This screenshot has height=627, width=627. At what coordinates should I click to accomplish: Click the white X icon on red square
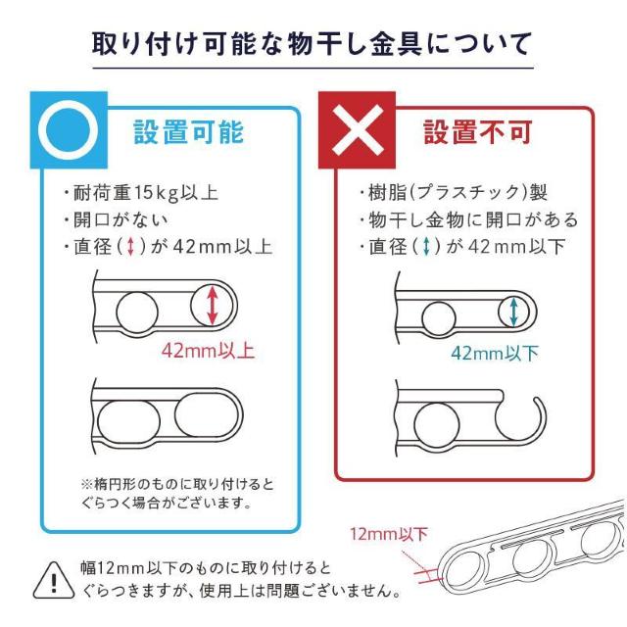pyautogui.click(x=357, y=130)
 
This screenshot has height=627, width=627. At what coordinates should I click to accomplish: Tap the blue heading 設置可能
pyautogui.click(x=188, y=131)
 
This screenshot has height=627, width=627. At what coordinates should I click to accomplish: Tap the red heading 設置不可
pyautogui.click(x=477, y=131)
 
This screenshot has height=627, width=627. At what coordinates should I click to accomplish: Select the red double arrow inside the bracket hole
pyautogui.click(x=213, y=305)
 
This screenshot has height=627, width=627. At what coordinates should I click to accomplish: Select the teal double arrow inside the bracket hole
pyautogui.click(x=513, y=312)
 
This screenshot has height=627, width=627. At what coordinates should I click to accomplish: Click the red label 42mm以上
pyautogui.click(x=208, y=351)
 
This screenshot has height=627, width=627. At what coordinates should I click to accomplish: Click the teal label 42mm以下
pyautogui.click(x=495, y=353)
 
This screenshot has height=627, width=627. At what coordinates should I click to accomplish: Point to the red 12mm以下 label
pyautogui.click(x=389, y=534)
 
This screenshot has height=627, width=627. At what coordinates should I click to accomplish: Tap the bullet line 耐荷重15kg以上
pyautogui.click(x=141, y=192)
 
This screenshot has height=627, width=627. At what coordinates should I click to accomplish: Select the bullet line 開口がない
pyautogui.click(x=116, y=219)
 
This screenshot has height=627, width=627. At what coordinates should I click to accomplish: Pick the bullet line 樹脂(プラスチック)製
pyautogui.click(x=453, y=192)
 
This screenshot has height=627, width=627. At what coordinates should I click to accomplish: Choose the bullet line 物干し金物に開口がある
pyautogui.click(x=468, y=219)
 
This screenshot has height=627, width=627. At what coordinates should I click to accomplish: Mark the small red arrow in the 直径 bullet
pyautogui.click(x=130, y=246)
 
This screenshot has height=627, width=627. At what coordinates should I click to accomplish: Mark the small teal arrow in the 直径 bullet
pyautogui.click(x=426, y=246)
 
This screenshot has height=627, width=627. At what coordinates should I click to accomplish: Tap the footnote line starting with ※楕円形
pyautogui.click(x=177, y=484)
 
